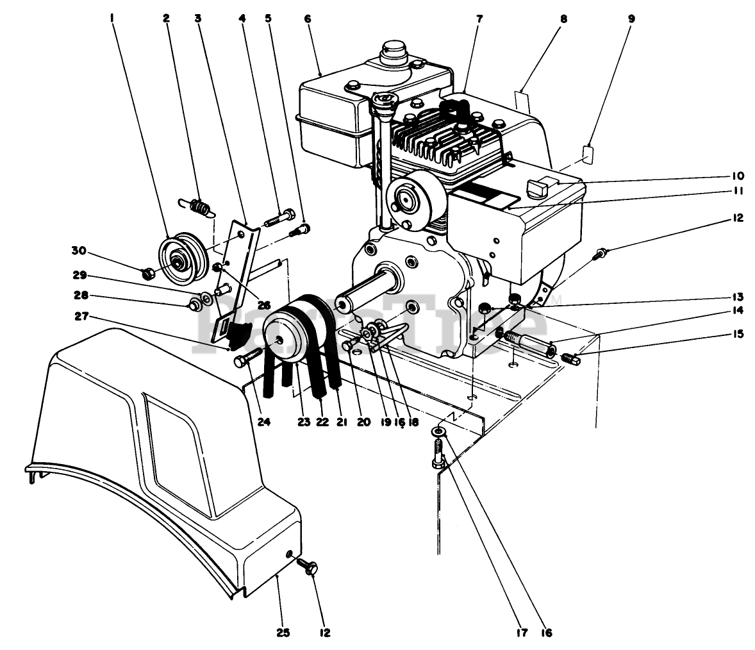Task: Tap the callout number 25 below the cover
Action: pyautogui.click(x=283, y=633)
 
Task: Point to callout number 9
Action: pyautogui.click(x=631, y=19)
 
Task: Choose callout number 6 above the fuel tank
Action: pyautogui.click(x=308, y=19)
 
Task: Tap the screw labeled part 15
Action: pyautogui.click(x=570, y=358)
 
